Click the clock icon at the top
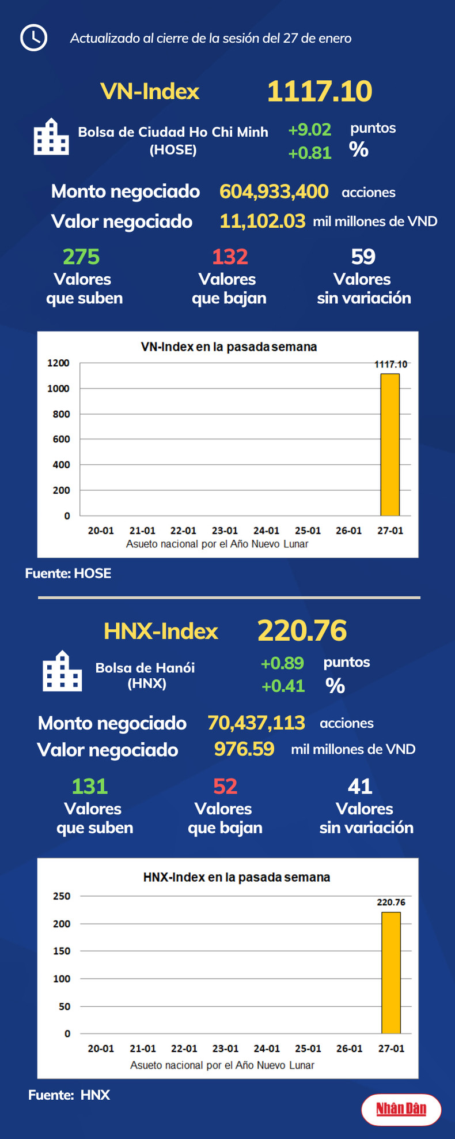click(x=33, y=38)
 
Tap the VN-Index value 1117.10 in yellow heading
click(x=320, y=92)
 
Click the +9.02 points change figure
click(x=309, y=129)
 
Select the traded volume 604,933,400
click(x=274, y=191)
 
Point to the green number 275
click(x=81, y=257)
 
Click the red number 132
click(x=230, y=257)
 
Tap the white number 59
click(x=363, y=257)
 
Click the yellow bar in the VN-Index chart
click(x=390, y=445)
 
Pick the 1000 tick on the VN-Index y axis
click(x=58, y=389)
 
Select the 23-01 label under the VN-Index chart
click(x=225, y=531)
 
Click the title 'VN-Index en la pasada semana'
click(x=229, y=347)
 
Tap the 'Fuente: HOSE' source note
click(x=68, y=573)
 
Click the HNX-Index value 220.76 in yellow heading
click(x=302, y=630)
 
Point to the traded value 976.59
click(x=244, y=749)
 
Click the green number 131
click(x=90, y=787)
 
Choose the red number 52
click(x=225, y=787)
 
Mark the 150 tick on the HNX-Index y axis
click(x=62, y=951)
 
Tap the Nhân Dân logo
click(x=401, y=1108)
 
